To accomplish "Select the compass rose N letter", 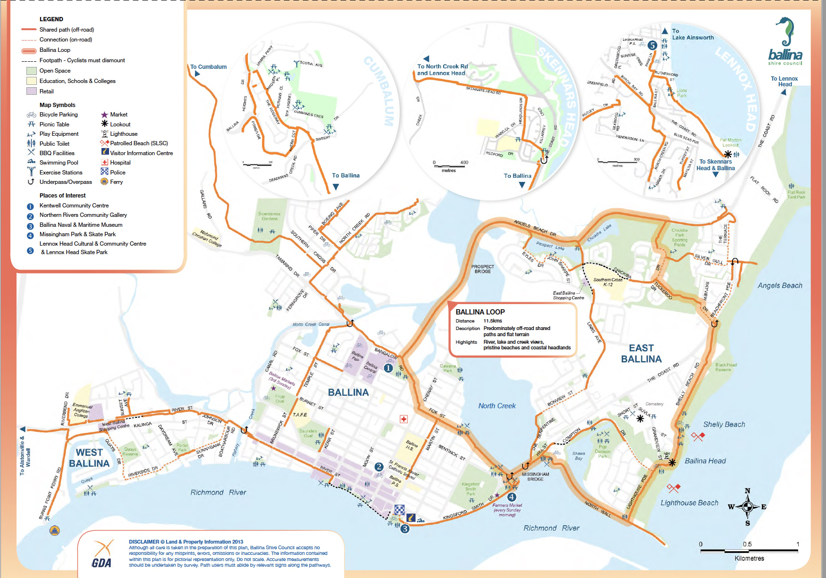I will tap(747, 491).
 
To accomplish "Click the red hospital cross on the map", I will tap(404, 419).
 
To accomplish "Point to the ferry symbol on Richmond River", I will tap(55, 530).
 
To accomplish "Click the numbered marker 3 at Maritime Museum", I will tap(405, 529).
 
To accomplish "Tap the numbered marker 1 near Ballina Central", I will tap(388, 368).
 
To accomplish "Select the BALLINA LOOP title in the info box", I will tap(480, 312).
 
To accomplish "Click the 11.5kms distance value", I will tap(493, 321).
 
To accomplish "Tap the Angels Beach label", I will tap(780, 285).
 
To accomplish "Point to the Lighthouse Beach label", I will tap(689, 503).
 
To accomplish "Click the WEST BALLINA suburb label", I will tap(89, 458).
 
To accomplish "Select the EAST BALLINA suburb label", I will tap(641, 354).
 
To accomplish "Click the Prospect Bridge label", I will tap(482, 269).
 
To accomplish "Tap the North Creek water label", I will tap(497, 406).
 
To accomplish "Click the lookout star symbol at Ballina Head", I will tap(672, 462).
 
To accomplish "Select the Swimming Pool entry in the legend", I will tap(59, 163).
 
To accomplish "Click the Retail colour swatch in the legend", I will tap(32, 91).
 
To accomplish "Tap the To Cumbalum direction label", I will tap(208, 67).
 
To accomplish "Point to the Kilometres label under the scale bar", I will tap(749, 558).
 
